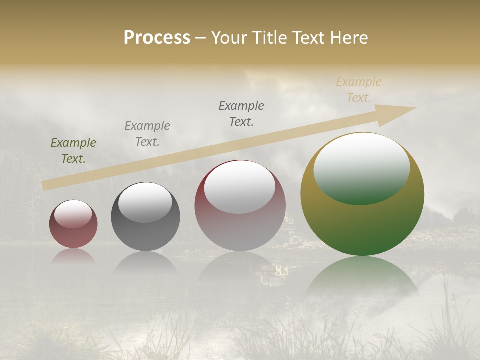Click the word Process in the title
tap(157, 38)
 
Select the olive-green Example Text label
tap(73, 151)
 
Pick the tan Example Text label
tap(359, 90)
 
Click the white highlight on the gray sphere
tap(145, 202)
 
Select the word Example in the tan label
tap(359, 82)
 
